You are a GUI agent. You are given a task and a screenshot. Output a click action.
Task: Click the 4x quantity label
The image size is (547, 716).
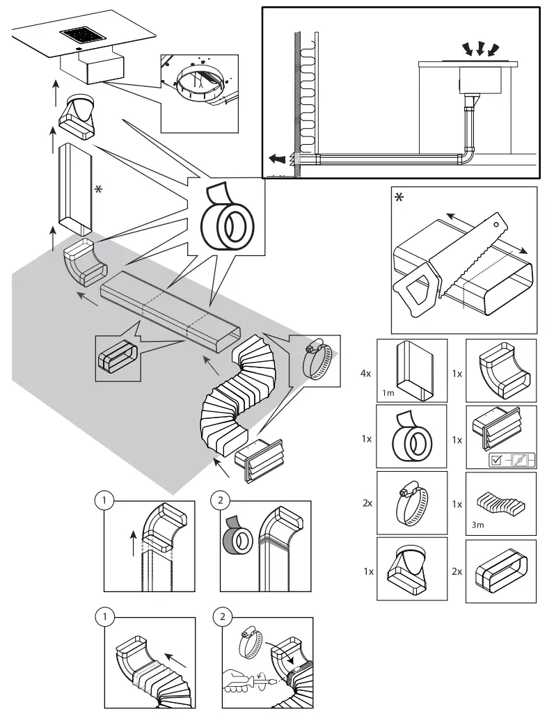365,373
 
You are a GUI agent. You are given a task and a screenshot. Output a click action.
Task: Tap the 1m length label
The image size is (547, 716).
388,393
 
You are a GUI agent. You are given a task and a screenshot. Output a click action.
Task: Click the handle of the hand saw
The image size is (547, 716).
418,291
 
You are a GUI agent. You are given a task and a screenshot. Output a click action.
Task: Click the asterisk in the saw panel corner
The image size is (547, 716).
399,198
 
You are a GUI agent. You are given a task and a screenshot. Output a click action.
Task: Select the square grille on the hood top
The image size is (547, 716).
83,34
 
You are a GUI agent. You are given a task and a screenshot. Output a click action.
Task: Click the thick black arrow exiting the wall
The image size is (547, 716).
278,158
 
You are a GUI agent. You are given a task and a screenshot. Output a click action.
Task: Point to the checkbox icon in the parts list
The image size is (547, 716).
496,459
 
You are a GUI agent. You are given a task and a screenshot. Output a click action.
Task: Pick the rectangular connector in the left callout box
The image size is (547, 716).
117,357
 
